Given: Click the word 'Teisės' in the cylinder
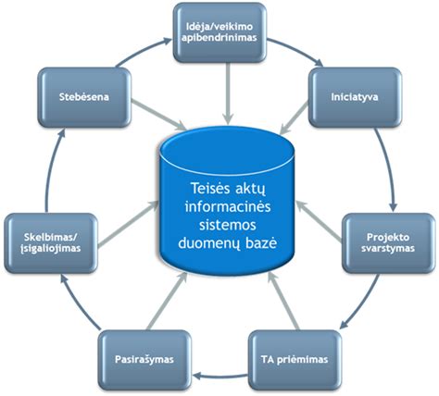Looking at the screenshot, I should [x=197, y=189].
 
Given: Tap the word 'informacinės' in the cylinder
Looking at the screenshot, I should [x=220, y=208].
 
